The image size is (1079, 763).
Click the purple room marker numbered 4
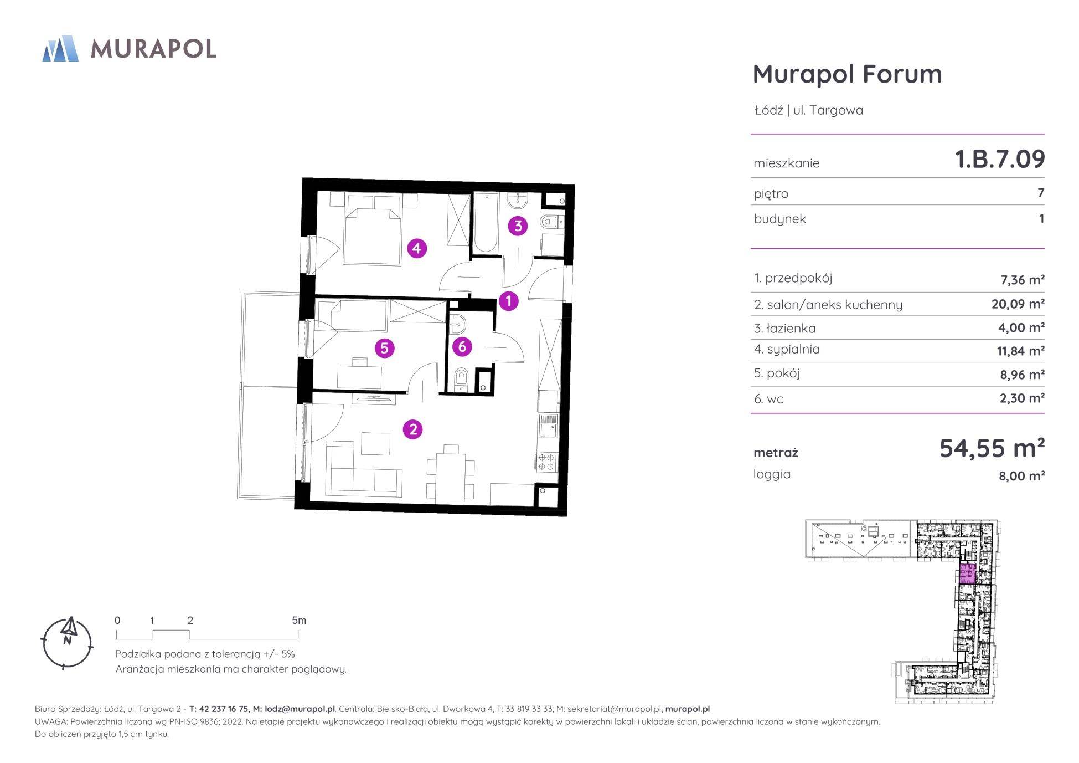(x=417, y=248)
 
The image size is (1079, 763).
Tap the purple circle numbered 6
(x=462, y=347)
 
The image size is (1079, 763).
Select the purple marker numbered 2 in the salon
(x=412, y=429)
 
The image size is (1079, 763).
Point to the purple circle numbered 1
(x=508, y=301)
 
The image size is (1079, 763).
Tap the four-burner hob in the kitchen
(x=546, y=462)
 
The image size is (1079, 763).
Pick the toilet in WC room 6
(x=461, y=380)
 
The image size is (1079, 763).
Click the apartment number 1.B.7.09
(x=1000, y=159)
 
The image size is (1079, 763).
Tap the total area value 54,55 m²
(x=992, y=448)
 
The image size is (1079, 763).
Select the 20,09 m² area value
(x=1018, y=304)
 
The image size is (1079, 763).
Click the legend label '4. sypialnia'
(x=787, y=350)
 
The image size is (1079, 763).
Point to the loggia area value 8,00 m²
(x=1022, y=476)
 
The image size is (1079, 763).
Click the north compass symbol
(x=68, y=643)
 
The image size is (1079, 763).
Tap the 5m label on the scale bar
(x=299, y=621)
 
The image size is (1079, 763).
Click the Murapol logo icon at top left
(x=60, y=48)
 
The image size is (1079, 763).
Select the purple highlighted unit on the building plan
(x=967, y=574)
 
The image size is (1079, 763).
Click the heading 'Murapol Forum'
(x=847, y=74)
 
